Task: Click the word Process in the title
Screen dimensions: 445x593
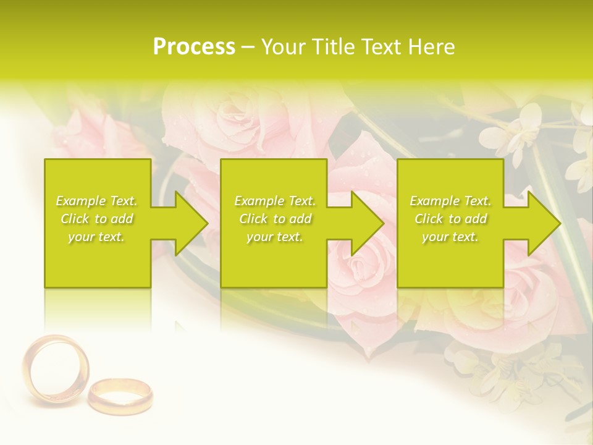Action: (x=194, y=47)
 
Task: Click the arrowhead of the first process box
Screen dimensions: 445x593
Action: (x=189, y=223)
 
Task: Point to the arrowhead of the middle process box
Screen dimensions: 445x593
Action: (x=366, y=223)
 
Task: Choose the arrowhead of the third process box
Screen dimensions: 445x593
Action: (x=542, y=223)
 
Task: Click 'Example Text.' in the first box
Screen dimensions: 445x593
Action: (x=97, y=201)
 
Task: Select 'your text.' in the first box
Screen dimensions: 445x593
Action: (x=97, y=237)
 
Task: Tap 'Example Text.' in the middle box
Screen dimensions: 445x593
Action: (x=275, y=201)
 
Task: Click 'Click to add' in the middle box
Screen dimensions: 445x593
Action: (x=275, y=219)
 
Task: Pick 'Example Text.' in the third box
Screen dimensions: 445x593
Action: (x=450, y=201)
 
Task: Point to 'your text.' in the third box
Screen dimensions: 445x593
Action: (x=450, y=237)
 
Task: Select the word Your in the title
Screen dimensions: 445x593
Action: (x=283, y=47)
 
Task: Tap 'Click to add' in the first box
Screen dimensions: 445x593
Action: (x=97, y=219)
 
